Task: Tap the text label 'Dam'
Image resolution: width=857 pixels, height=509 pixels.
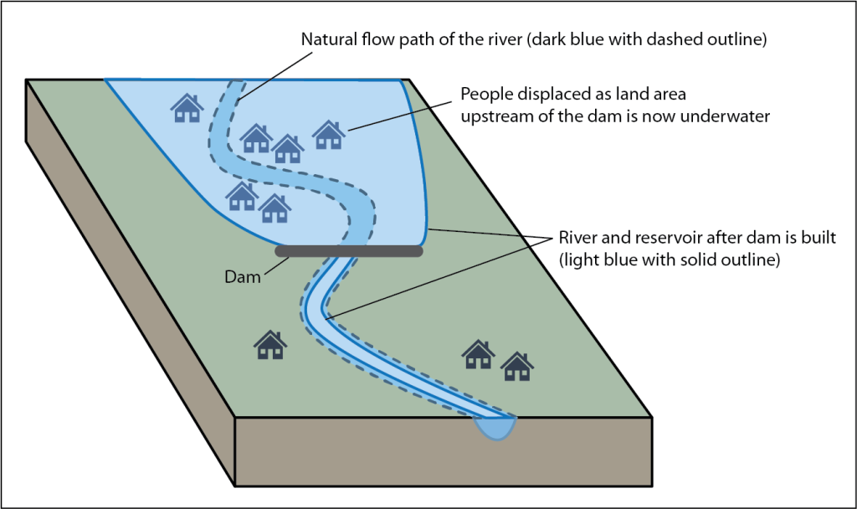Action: tap(243, 276)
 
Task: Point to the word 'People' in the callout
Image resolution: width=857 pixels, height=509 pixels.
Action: tap(485, 95)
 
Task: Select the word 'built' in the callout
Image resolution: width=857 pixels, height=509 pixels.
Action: tap(819, 238)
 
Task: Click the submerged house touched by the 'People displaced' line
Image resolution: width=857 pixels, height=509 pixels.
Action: tap(329, 134)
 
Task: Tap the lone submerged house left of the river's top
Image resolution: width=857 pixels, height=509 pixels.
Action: tap(187, 107)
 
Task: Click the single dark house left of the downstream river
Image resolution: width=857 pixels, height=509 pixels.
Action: tap(270, 344)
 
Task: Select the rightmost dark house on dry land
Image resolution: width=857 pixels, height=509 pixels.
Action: tap(517, 366)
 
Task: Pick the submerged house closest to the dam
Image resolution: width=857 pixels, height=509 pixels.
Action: tap(274, 208)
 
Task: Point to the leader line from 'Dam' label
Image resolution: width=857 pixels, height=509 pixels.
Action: tap(276, 266)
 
